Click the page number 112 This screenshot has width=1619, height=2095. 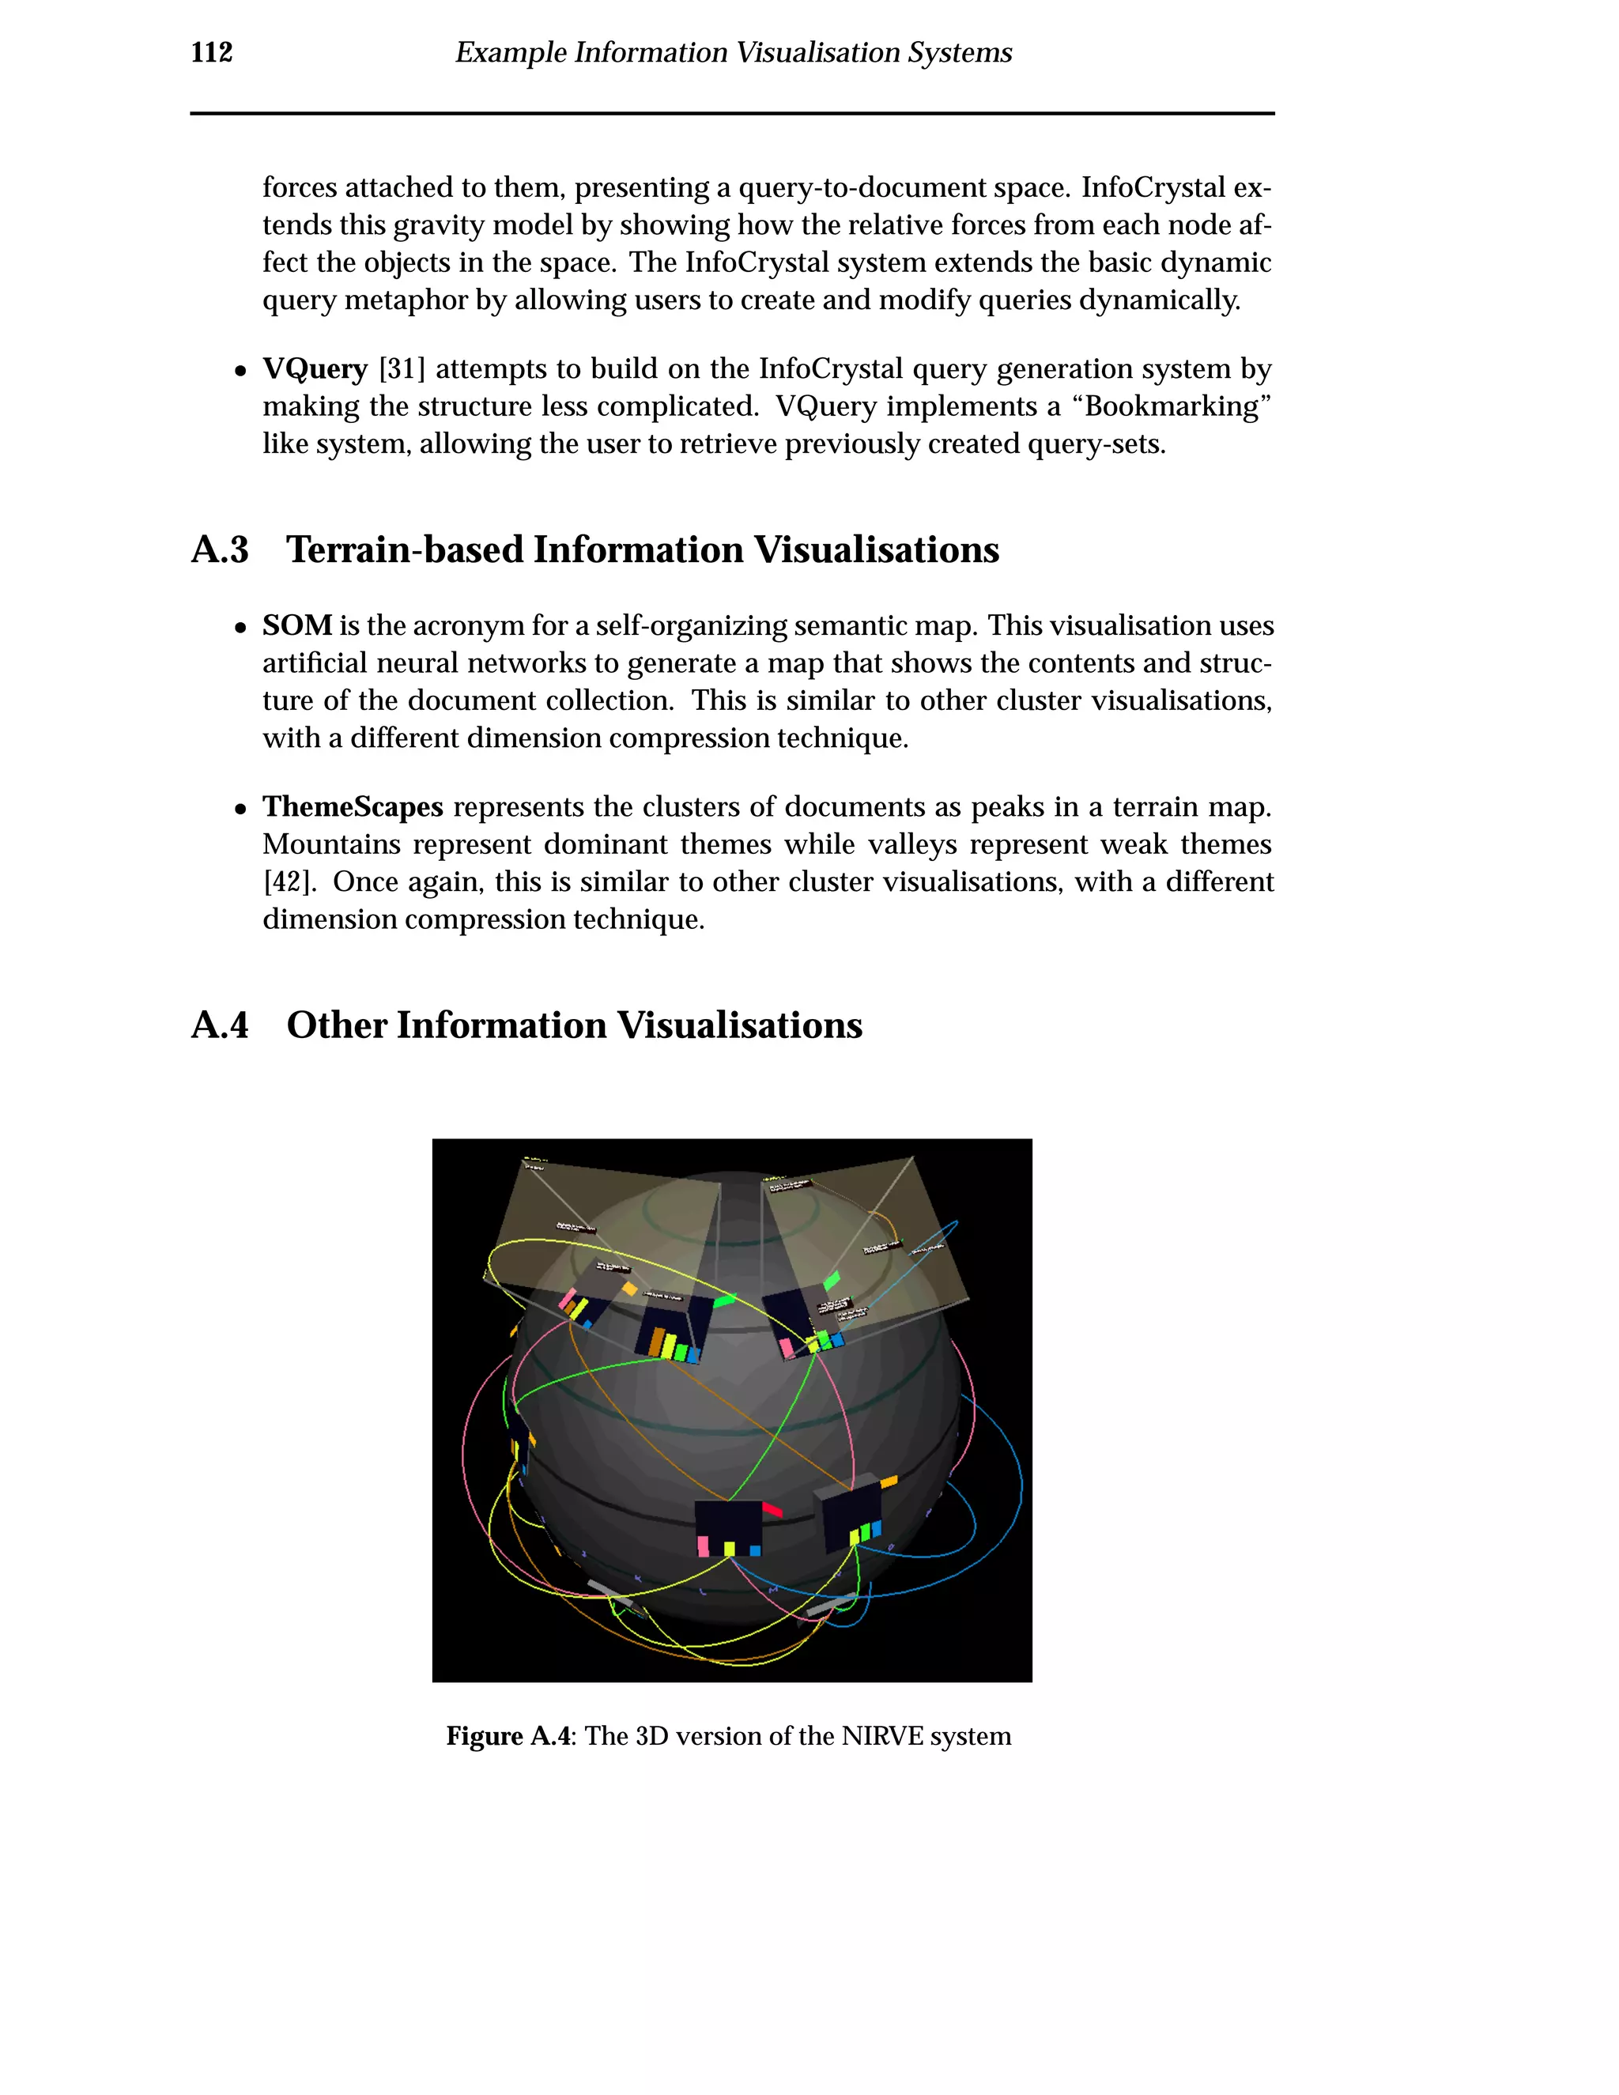tap(211, 53)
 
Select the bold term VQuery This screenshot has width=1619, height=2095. tap(315, 369)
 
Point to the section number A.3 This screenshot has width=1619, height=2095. tap(220, 550)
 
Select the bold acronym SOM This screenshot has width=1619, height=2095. tap(296, 625)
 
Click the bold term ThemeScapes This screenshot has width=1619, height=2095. tap(352, 806)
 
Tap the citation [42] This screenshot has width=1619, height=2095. tap(288, 881)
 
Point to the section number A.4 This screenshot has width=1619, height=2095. tap(220, 1025)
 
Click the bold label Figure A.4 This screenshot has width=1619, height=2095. tap(508, 1736)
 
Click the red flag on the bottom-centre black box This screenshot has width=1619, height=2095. tap(773, 1511)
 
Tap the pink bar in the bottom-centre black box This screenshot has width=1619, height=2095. tap(703, 1546)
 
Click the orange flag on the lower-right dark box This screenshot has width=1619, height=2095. tap(889, 1482)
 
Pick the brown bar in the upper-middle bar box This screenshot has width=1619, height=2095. tap(656, 1341)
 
